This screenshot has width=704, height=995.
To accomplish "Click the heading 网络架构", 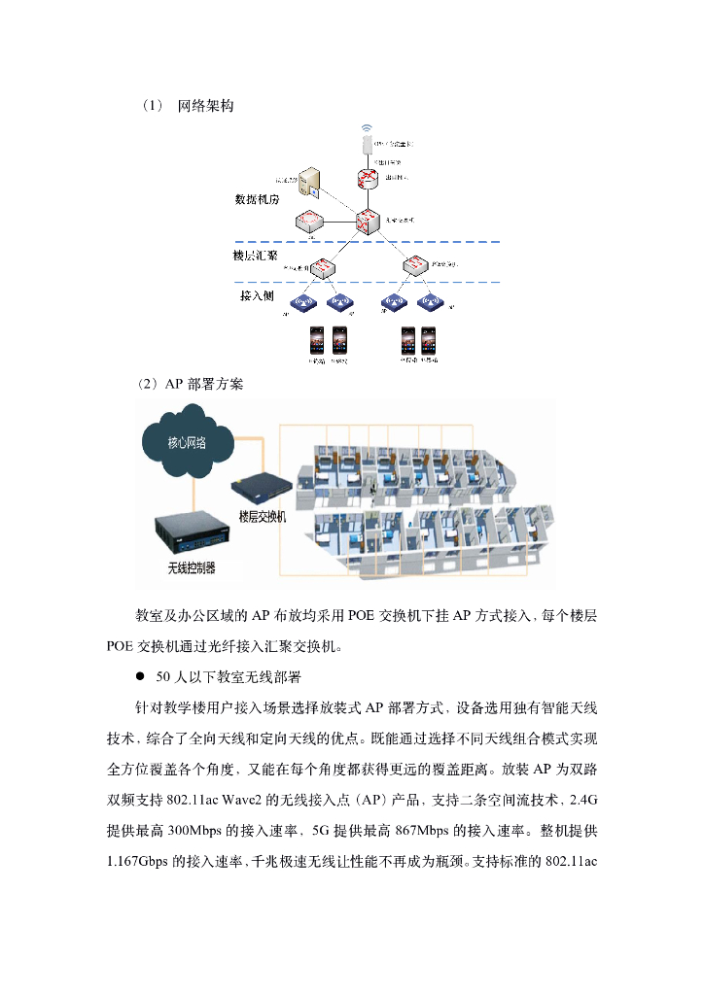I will (205, 105).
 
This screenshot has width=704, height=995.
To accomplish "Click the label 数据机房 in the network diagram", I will (257, 199).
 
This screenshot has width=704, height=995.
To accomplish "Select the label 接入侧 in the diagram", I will (258, 294).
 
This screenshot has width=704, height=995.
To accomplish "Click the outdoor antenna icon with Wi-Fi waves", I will (367, 137).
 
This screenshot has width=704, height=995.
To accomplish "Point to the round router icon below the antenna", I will (367, 178).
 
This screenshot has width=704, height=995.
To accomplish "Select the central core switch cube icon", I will (368, 221).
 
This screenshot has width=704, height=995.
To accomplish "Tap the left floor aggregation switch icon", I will (325, 264).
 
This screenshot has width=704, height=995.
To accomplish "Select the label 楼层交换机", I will (263, 517).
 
